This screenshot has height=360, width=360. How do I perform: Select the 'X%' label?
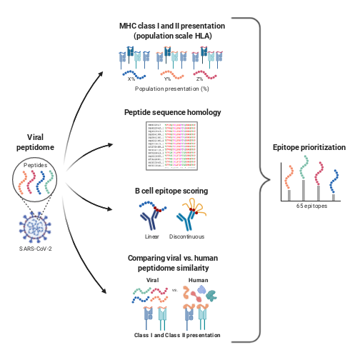pos(131,79)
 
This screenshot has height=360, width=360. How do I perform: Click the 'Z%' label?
pos(204,79)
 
